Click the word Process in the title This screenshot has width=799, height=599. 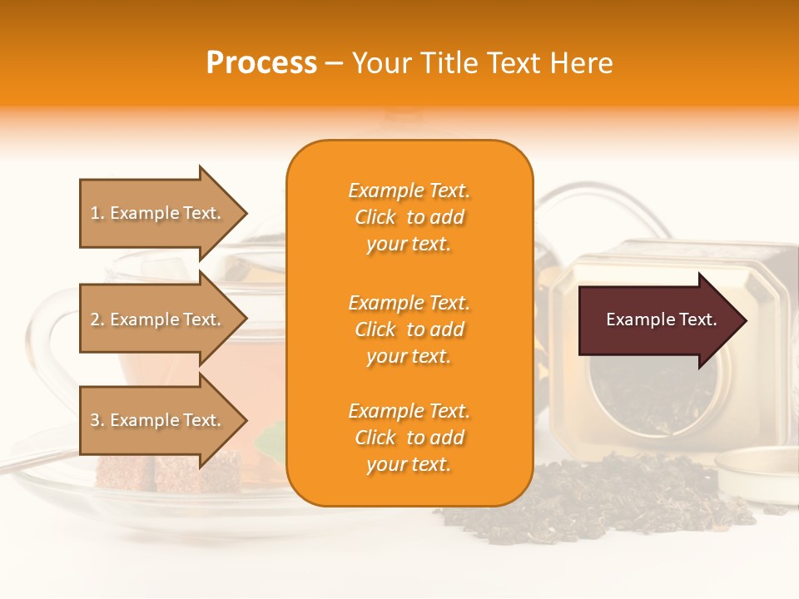click(261, 63)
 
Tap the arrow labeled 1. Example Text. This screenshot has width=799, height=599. click(158, 213)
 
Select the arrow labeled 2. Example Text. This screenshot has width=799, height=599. click(158, 319)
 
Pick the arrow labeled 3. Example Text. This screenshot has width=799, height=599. click(158, 420)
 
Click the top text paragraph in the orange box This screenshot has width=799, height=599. click(409, 217)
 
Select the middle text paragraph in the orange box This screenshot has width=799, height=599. click(409, 329)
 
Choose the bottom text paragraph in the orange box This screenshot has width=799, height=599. click(409, 438)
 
